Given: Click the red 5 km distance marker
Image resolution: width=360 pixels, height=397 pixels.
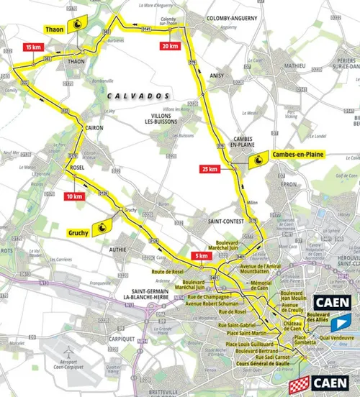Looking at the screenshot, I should (202, 255).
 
